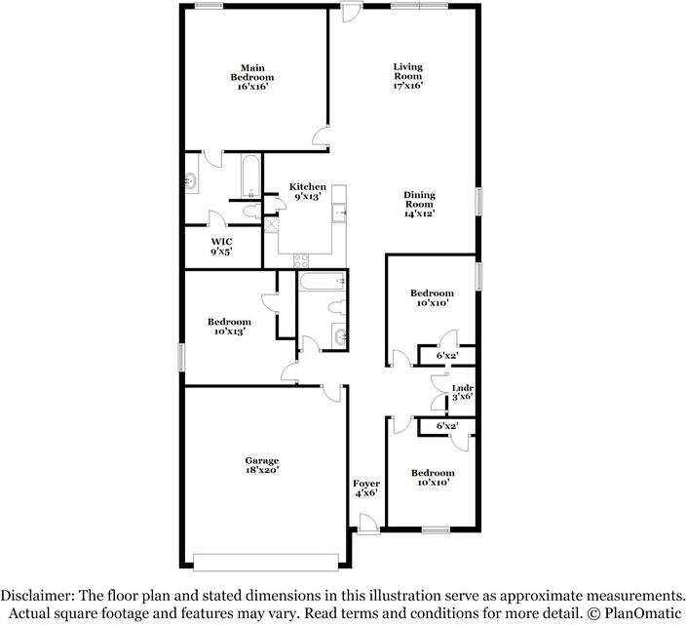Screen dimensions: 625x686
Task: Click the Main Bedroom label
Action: [251, 77]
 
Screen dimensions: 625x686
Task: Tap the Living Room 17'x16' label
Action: [407, 77]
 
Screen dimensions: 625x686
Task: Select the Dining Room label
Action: [419, 204]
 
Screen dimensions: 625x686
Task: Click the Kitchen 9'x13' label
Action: [307, 192]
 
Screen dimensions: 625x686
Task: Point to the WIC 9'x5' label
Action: [222, 246]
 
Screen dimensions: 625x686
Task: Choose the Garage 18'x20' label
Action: [261, 465]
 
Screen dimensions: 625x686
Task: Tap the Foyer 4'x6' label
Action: [366, 488]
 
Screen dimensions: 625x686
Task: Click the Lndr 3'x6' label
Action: [463, 392]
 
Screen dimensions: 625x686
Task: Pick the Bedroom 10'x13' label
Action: [229, 327]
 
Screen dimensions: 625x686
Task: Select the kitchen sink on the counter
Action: [338, 212]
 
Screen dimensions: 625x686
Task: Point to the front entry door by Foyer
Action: [367, 527]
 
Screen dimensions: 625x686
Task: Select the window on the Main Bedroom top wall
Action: [208, 7]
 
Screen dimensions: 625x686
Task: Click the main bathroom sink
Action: [191, 180]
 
